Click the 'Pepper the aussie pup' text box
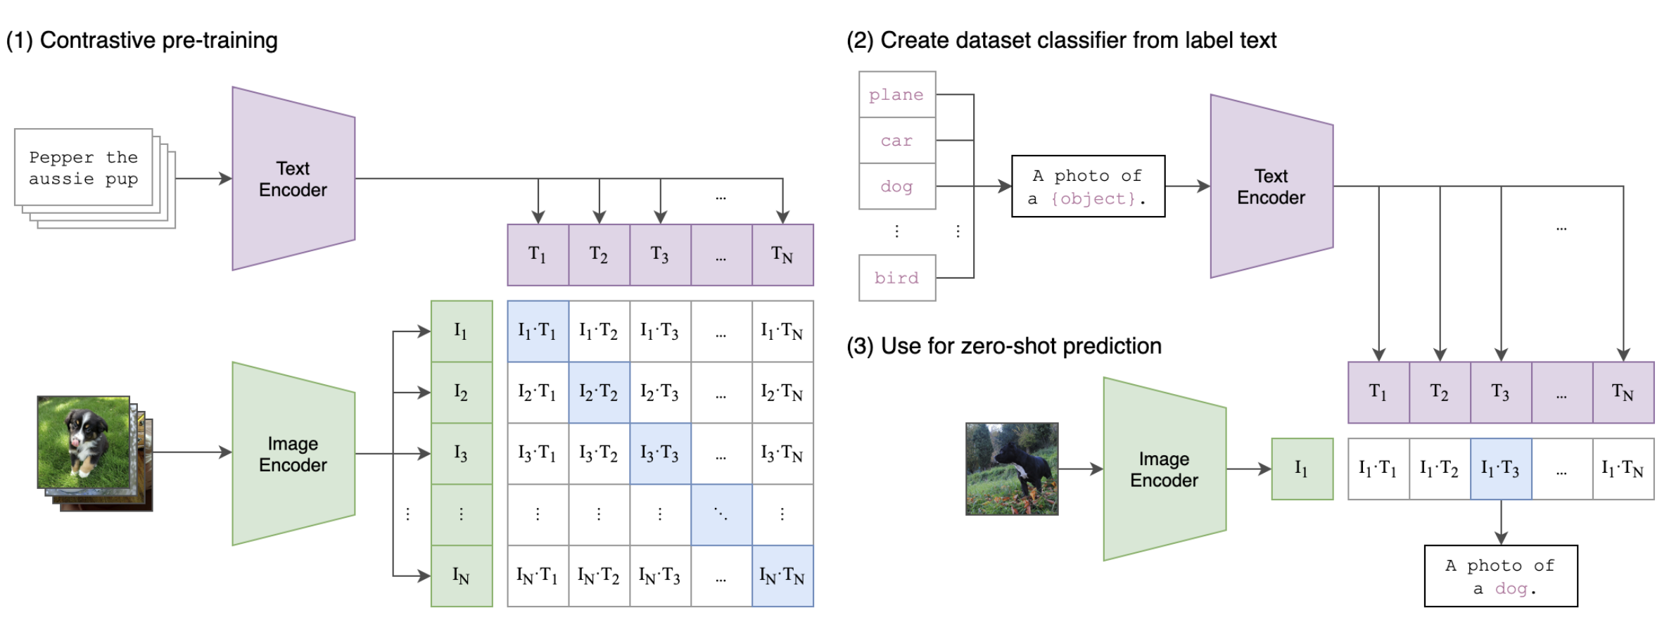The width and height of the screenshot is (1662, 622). tap(84, 167)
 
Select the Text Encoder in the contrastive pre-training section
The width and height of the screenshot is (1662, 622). tap(293, 179)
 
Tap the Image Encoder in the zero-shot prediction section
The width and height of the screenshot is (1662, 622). tap(1165, 469)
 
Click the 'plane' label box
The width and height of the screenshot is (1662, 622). tap(897, 94)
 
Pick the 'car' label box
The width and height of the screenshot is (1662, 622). tap(897, 141)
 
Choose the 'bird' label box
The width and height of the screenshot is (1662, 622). tap(897, 278)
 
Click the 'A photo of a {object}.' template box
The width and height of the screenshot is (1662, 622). tap(1088, 186)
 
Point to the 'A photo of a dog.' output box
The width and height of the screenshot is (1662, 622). tap(1501, 576)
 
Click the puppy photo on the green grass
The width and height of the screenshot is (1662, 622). tap(84, 442)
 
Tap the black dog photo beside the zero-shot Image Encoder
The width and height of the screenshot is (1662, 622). tap(1012, 469)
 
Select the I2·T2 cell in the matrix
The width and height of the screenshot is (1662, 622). tap(599, 392)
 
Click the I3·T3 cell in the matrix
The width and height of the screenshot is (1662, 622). tap(660, 453)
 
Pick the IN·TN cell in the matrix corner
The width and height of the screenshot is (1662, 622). tap(782, 576)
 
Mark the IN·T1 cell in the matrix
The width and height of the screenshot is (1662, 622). tap(538, 576)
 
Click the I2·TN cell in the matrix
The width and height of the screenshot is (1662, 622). tap(782, 392)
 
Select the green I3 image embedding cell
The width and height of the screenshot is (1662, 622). tap(462, 453)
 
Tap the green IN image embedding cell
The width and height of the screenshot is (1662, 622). tap(462, 576)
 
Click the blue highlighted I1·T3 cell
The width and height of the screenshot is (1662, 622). tap(1501, 469)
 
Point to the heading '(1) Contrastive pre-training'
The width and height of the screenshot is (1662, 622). tap(142, 41)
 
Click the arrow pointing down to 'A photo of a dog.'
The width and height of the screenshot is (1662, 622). tap(1501, 522)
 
